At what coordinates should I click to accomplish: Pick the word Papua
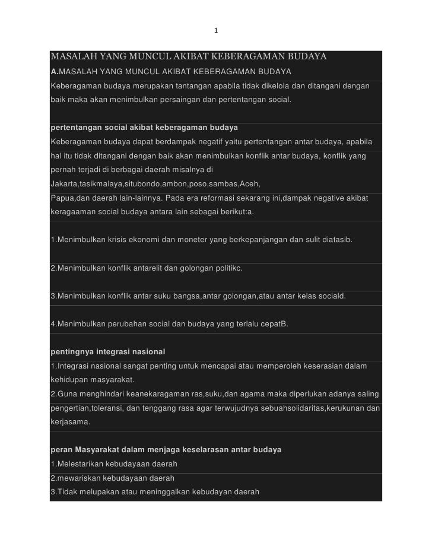[x=62, y=196]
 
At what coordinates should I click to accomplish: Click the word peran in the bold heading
[x=61, y=451]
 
